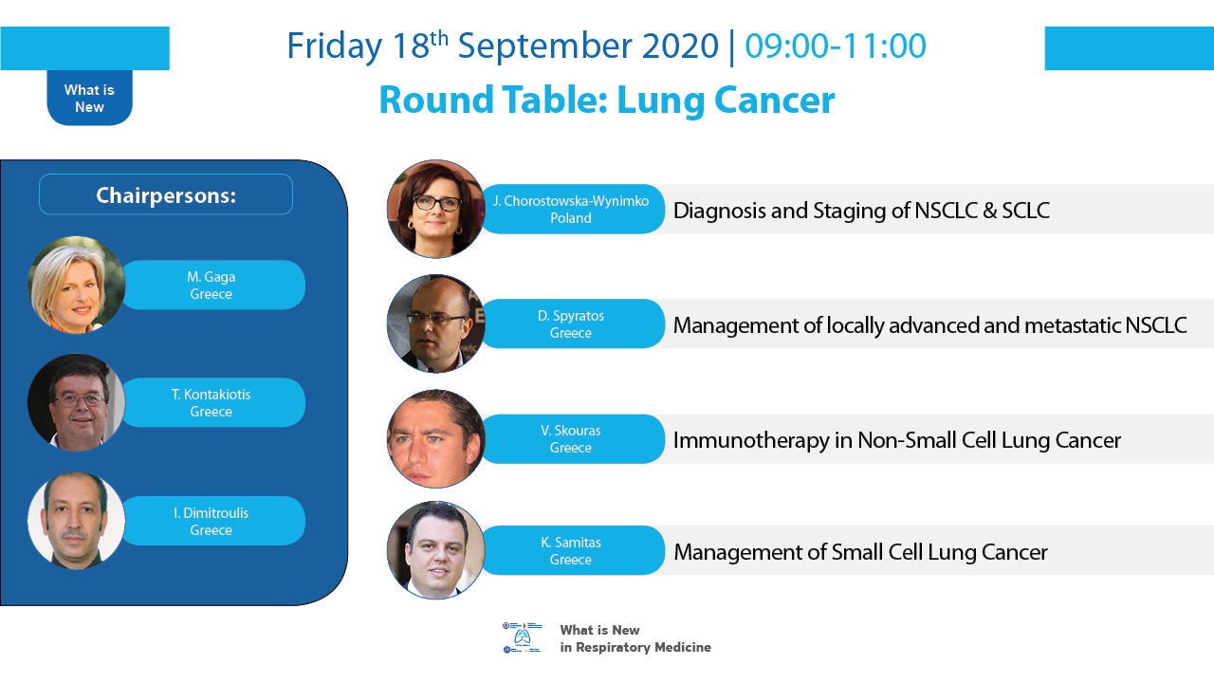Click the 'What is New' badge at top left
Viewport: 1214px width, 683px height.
click(89, 98)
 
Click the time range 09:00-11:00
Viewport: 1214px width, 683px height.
click(836, 46)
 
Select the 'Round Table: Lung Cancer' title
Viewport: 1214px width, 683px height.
click(607, 101)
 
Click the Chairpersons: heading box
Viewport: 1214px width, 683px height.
click(166, 194)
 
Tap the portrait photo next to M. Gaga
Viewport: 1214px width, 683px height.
click(77, 285)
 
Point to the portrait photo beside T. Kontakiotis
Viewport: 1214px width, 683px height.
click(77, 403)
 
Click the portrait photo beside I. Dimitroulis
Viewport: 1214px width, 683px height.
click(77, 521)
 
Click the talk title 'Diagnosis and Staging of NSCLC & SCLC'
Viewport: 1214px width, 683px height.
click(861, 211)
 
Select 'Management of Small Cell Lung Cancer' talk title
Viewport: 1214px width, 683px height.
click(860, 552)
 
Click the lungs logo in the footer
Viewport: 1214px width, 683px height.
click(522, 637)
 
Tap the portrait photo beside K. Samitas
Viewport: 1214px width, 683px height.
click(435, 550)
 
